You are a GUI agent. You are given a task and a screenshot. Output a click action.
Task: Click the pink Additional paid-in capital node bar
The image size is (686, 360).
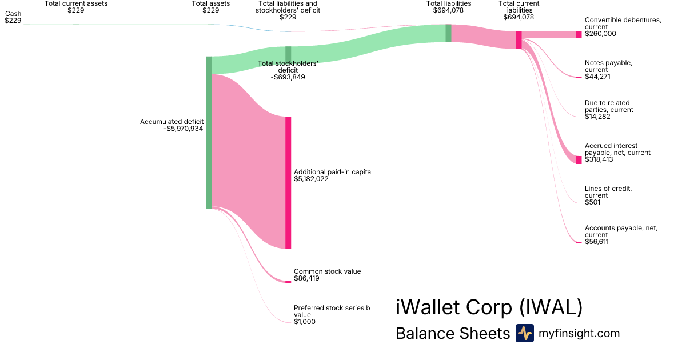[x=288, y=182]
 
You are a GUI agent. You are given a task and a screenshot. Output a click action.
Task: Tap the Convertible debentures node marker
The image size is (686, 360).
[x=579, y=34]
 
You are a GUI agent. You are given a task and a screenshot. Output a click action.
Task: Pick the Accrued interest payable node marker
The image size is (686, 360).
[x=579, y=160]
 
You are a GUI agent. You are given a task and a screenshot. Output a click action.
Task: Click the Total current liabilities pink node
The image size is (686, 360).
[x=519, y=40]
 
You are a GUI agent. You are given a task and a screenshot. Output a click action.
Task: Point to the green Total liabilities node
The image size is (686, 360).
[x=448, y=33]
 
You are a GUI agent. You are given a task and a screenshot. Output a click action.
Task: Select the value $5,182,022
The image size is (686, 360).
[x=311, y=179]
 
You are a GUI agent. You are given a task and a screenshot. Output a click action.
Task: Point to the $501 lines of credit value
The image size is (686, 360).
[x=593, y=202]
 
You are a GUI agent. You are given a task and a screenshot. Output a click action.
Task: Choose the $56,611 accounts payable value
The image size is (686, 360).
[x=597, y=242]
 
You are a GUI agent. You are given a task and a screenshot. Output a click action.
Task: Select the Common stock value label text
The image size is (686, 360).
[x=327, y=271]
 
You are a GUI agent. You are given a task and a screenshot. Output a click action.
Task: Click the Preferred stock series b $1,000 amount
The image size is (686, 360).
[x=304, y=322]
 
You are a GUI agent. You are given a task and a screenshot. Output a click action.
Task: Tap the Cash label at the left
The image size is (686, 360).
[x=13, y=13]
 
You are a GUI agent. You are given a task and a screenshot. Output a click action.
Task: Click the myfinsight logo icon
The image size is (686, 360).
[x=524, y=333]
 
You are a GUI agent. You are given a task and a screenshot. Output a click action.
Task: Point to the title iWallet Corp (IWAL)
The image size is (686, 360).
[x=489, y=307]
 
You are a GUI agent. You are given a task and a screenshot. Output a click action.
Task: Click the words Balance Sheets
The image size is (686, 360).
[x=452, y=334]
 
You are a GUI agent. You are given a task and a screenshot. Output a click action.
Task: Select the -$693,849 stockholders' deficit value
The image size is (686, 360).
[x=288, y=77]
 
